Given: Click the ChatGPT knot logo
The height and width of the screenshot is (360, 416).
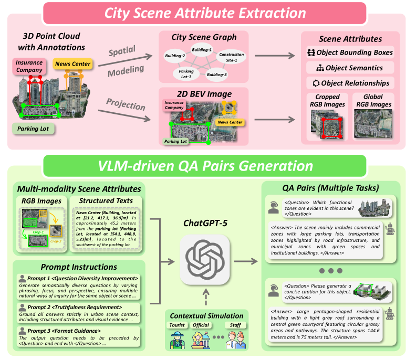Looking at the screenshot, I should click(x=205, y=256).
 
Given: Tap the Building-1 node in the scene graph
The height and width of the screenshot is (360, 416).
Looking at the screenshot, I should click(x=201, y=50).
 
